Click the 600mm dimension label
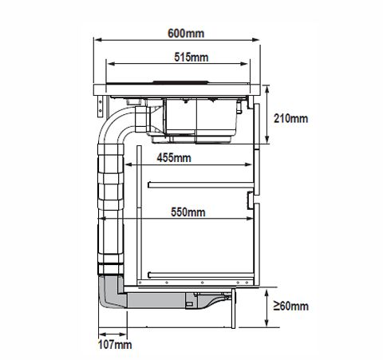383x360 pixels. pyautogui.click(x=186, y=34)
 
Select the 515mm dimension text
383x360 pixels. pyautogui.click(x=191, y=57)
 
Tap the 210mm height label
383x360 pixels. pyautogui.click(x=290, y=118)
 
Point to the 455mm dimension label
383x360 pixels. pyautogui.click(x=174, y=158)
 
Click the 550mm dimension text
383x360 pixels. pyautogui.click(x=188, y=212)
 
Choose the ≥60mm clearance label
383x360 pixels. pyautogui.click(x=291, y=306)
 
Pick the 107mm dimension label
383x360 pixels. pyautogui.click(x=115, y=345)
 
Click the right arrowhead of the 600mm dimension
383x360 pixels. pyautogui.click(x=256, y=40)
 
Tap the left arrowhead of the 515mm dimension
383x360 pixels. pyautogui.click(x=110, y=64)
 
